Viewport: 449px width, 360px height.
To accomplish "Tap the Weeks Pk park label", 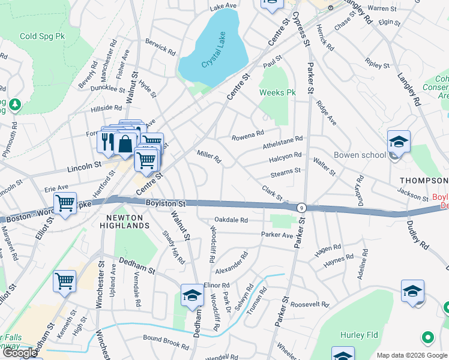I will point(278,93).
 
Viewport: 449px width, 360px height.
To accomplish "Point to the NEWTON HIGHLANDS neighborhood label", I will point(119,221).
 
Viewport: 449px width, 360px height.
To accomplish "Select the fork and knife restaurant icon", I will point(106,142).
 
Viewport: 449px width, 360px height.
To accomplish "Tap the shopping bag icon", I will point(125,143).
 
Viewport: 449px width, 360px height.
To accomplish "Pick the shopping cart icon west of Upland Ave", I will point(65,280).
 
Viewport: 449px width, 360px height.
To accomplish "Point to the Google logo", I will point(20,353).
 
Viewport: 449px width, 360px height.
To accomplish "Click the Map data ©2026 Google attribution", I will point(412,355).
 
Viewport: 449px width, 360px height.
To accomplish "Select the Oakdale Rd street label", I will point(231,220).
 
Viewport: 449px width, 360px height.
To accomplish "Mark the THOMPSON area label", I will point(424,181).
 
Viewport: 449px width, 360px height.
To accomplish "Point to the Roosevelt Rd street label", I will point(309,305).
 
